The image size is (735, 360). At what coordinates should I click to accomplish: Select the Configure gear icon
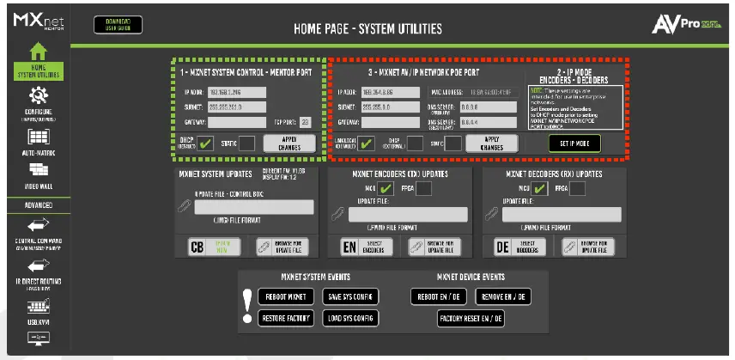coord(38,95)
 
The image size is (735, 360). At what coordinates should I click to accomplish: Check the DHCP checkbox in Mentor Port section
coord(205,143)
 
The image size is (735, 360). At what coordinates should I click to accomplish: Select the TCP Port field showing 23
coord(304,122)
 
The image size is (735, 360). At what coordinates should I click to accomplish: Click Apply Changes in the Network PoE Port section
coord(491,143)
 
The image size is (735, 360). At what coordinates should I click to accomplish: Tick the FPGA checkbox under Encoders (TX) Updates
coord(422,188)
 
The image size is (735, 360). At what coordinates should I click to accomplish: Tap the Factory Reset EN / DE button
coord(471,318)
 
